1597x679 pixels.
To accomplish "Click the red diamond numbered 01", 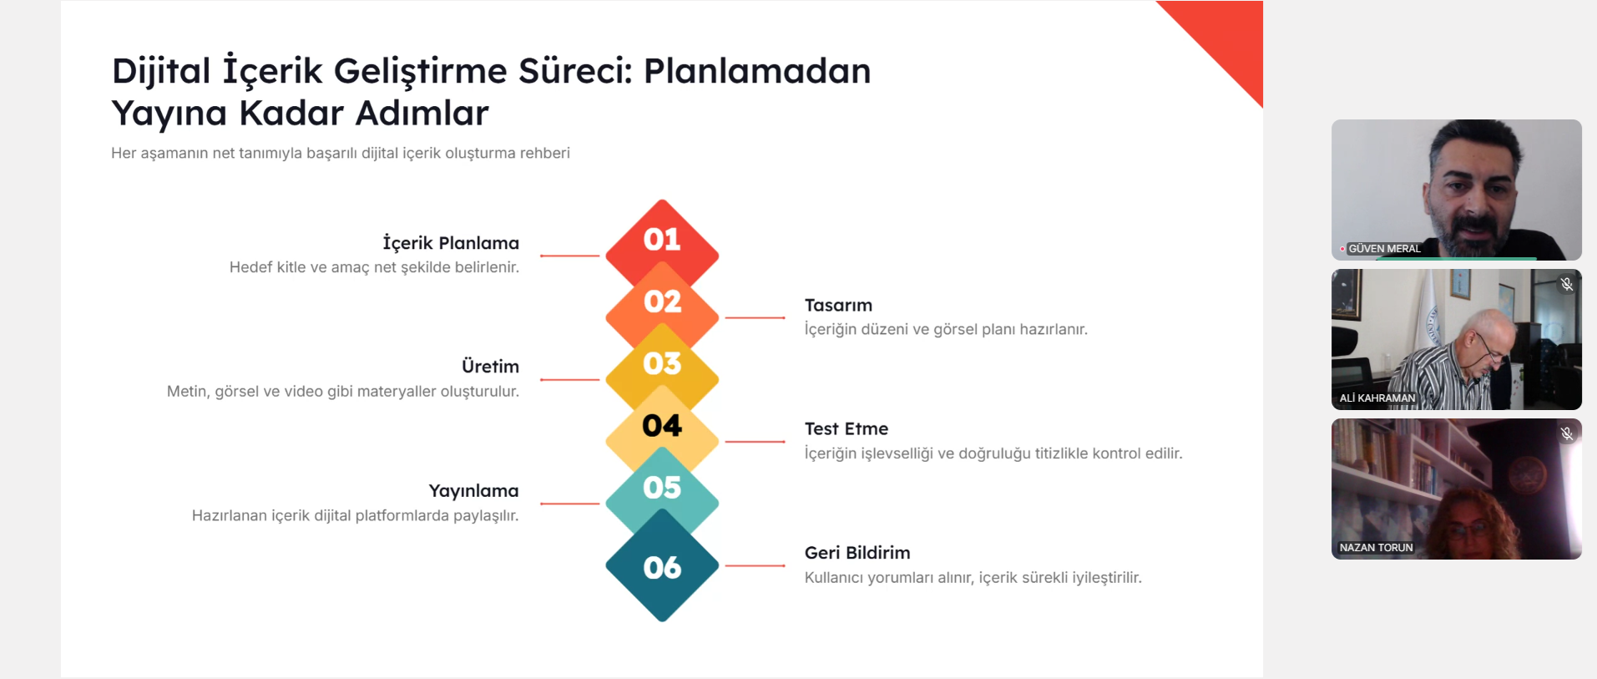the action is coord(662,238).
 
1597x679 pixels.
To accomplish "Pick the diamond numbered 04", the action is coord(662,426).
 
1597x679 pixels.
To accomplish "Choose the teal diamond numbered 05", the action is coord(662,488).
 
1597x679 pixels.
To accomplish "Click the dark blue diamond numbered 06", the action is coord(662,566).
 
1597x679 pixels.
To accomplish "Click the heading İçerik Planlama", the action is coord(451,243).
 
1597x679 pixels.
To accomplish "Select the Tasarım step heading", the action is coord(838,306).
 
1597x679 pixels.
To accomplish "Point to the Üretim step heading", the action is coord(490,367).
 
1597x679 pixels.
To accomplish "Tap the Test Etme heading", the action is coord(847,429).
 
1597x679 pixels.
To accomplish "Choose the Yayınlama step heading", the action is coord(473,491).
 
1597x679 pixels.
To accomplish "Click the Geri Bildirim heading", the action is coord(857,553).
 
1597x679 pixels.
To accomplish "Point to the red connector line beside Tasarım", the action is coord(755,317).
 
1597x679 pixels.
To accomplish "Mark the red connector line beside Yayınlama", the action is coord(570,504).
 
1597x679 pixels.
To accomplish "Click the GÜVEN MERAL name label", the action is coord(1384,249).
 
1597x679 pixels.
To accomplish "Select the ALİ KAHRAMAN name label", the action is coord(1377,398).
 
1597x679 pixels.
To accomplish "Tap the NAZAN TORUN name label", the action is coord(1376,548).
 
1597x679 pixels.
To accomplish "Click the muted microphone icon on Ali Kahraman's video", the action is coord(1567,284).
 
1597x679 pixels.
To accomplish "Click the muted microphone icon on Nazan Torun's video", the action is coord(1567,433).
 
